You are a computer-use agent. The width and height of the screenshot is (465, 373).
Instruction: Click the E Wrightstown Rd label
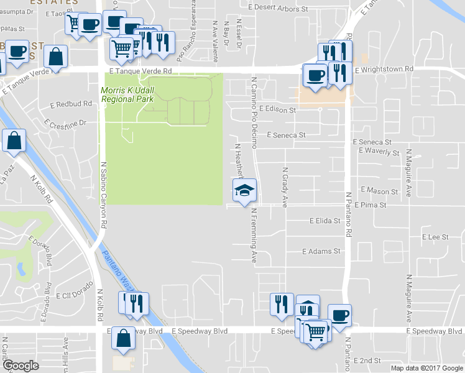click(385, 70)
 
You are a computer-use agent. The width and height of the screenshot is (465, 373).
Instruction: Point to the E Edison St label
click(277, 109)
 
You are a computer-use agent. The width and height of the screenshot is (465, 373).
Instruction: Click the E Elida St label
click(325, 221)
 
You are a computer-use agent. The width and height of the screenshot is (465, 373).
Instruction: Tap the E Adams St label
click(322, 252)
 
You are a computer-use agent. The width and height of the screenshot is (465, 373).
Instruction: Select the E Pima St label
click(371, 205)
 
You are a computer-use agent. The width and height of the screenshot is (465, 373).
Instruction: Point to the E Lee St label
click(435, 237)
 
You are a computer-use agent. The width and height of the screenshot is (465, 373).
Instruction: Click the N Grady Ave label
click(285, 186)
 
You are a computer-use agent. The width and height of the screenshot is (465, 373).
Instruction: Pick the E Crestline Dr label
click(65, 122)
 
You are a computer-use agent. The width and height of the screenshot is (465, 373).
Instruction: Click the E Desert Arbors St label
click(278, 9)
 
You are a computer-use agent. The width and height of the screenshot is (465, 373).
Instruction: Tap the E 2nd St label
click(367, 361)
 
